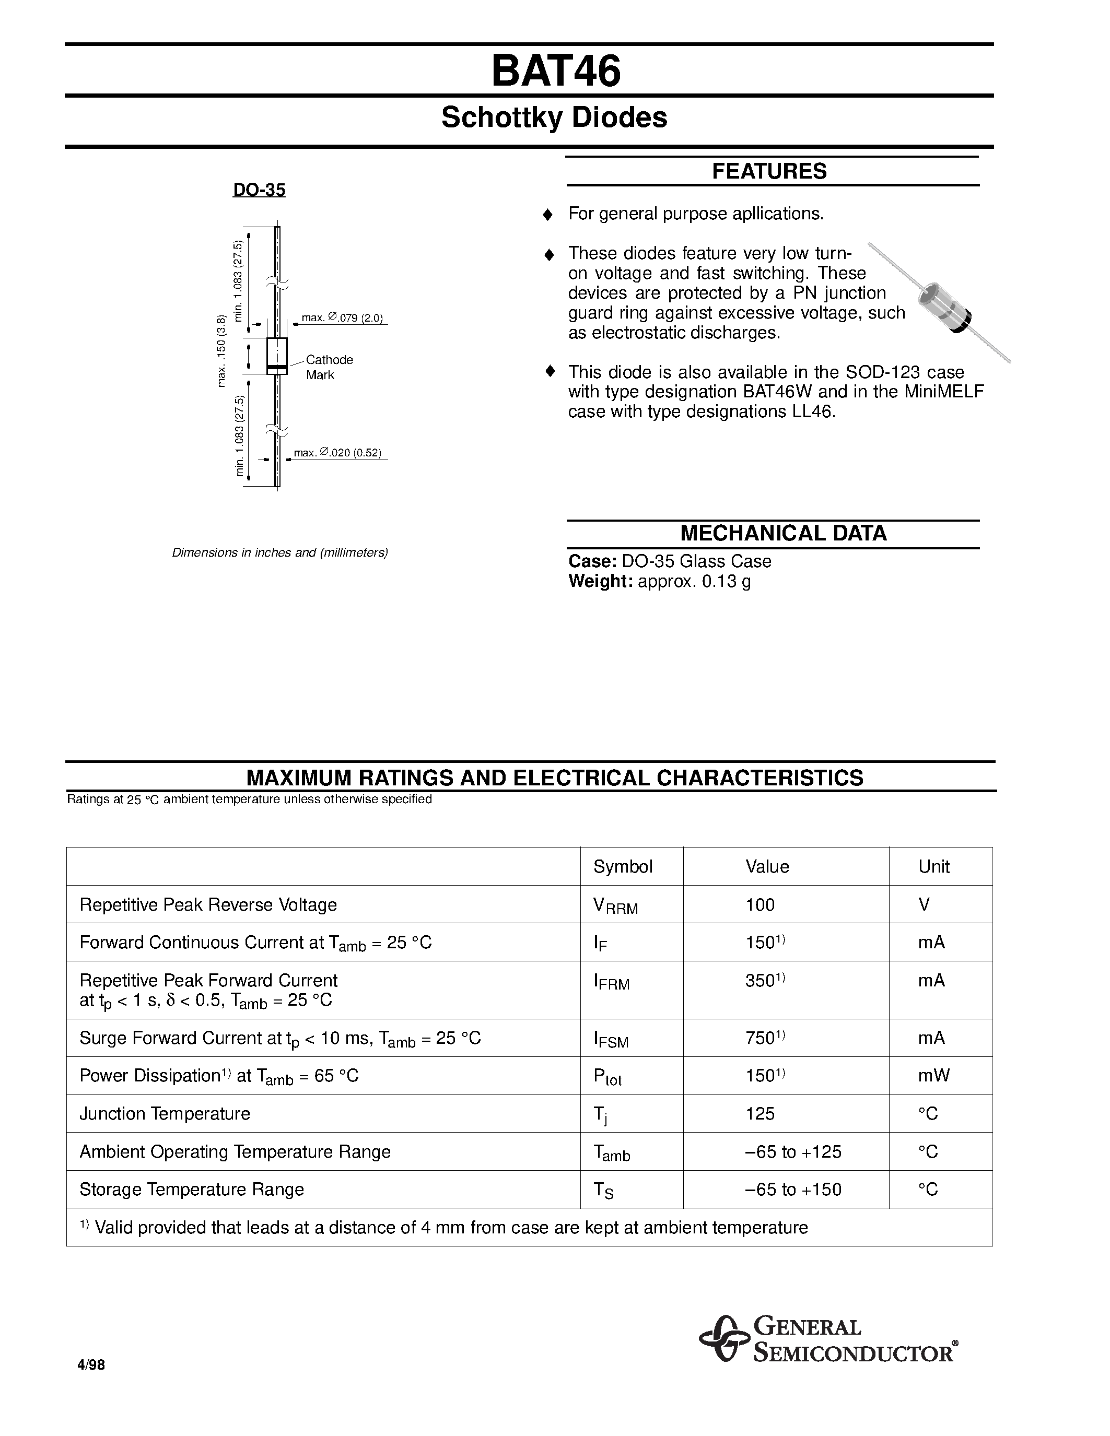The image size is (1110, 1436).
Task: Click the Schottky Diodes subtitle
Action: pyautogui.click(x=554, y=117)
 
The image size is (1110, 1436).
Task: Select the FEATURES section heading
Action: pyautogui.click(x=769, y=171)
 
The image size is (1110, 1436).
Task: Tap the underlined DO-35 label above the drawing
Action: pyautogui.click(x=259, y=190)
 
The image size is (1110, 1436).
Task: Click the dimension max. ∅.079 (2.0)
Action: pyautogui.click(x=342, y=318)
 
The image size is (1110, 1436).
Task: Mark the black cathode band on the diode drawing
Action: pyautogui.click(x=277, y=366)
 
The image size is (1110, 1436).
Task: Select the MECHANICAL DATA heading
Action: pyautogui.click(x=783, y=533)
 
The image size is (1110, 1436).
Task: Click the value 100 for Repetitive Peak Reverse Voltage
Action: pyautogui.click(x=760, y=905)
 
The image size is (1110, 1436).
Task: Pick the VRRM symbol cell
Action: pyautogui.click(x=615, y=906)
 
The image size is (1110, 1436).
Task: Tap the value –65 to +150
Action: pyautogui.click(x=793, y=1189)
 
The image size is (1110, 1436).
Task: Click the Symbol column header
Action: pyautogui.click(x=623, y=867)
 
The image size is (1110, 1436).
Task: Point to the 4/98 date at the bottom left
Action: pyautogui.click(x=91, y=1365)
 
